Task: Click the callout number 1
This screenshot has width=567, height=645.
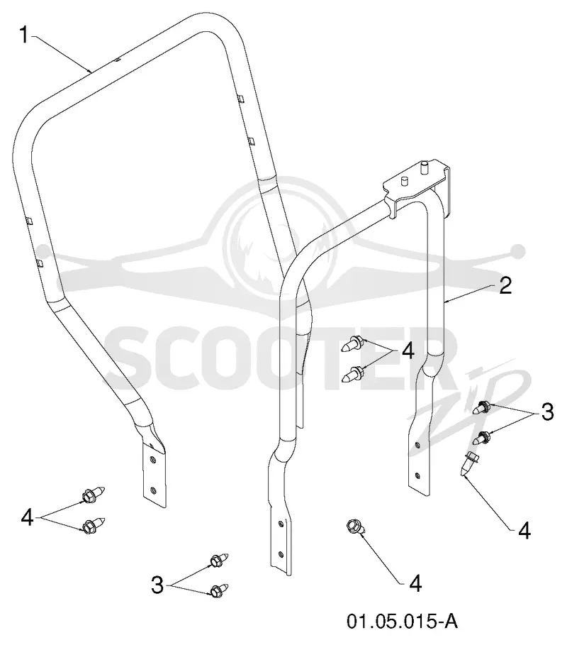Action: point(25,35)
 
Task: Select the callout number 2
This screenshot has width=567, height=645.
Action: point(505,285)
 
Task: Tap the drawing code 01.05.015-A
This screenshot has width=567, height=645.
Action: point(402,621)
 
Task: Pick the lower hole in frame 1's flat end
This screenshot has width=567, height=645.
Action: point(153,490)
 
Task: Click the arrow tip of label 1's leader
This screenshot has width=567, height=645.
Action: point(91,72)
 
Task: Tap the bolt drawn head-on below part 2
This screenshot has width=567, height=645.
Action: point(354,527)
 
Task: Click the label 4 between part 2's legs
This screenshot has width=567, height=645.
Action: point(408,352)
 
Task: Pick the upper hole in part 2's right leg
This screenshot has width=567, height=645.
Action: point(417,445)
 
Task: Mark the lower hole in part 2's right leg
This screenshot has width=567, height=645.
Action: point(417,476)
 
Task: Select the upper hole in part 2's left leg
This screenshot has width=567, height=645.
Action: point(281,524)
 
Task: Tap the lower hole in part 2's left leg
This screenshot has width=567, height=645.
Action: point(281,554)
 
